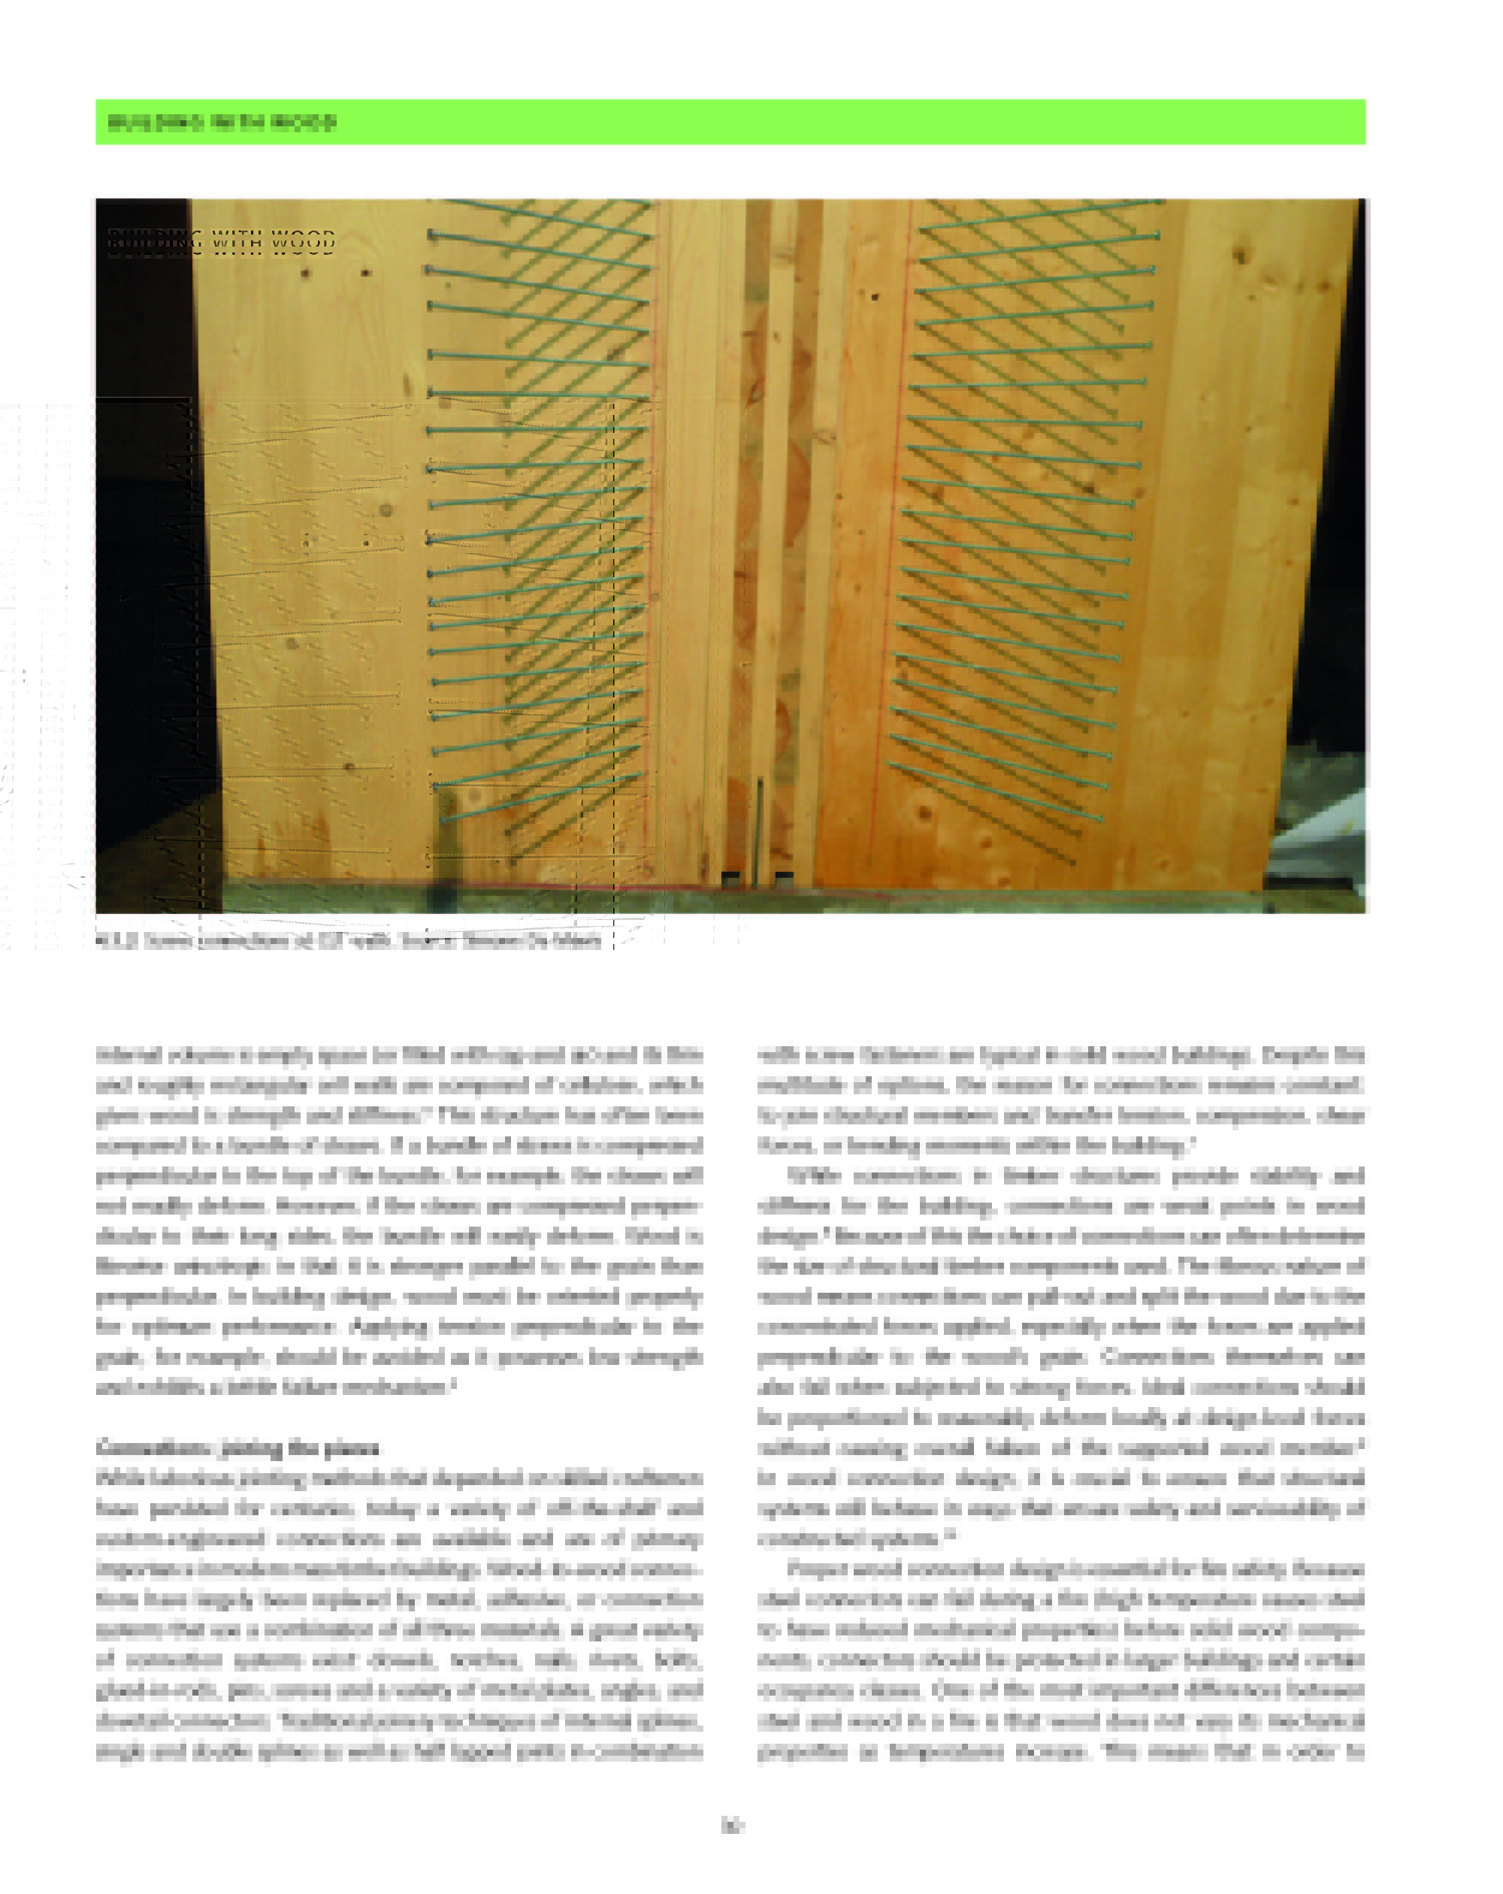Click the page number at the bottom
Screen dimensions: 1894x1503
[x=732, y=1826]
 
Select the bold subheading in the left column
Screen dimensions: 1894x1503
[x=237, y=1447]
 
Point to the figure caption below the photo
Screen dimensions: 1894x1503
[x=348, y=940]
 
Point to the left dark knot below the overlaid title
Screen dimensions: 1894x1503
[x=305, y=274]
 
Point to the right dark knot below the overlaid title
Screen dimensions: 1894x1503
[x=364, y=274]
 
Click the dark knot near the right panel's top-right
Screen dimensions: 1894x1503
[x=1239, y=256]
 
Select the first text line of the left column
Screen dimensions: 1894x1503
[x=399, y=1054]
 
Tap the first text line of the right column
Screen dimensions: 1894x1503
[x=1060, y=1054]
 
